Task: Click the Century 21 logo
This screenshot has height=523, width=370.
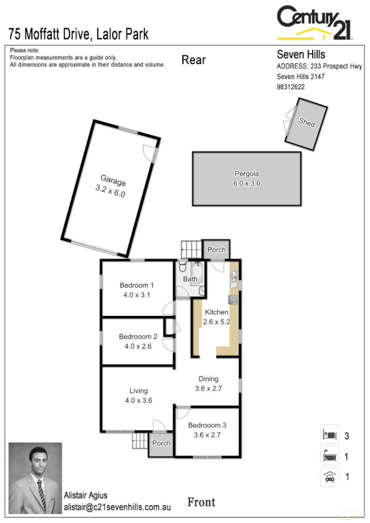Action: click(315, 23)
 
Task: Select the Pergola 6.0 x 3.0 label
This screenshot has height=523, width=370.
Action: click(247, 178)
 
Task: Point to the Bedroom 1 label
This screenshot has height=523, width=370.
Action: click(137, 290)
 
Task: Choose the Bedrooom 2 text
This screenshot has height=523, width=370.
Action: click(138, 341)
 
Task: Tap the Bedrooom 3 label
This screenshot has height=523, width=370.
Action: click(207, 430)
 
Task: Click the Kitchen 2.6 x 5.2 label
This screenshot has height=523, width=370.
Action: click(215, 317)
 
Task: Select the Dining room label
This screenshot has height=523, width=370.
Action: click(209, 384)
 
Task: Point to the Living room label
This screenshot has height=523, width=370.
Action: click(138, 395)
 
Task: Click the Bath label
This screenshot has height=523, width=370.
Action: click(190, 279)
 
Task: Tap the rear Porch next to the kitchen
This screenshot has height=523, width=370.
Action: click(216, 249)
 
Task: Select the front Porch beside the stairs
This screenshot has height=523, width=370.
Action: click(161, 444)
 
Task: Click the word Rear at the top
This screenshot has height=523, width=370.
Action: click(193, 60)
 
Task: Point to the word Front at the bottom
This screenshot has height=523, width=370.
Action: click(201, 502)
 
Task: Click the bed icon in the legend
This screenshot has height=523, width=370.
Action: click(329, 435)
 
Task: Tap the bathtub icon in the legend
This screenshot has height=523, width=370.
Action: click(329, 456)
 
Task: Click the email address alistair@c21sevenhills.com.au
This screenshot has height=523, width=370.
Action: click(117, 508)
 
